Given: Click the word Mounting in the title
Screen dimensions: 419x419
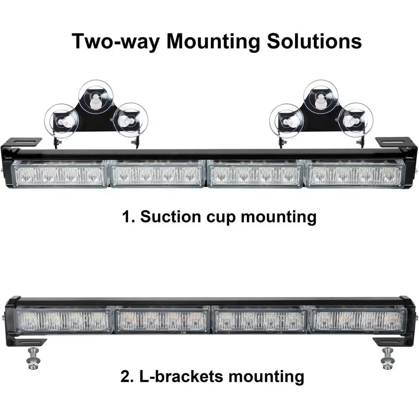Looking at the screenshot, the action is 214,42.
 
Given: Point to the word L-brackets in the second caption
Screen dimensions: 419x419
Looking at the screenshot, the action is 178,377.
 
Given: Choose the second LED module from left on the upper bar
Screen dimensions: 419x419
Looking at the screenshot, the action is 158,173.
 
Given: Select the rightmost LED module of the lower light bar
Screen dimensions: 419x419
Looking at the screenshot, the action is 357,319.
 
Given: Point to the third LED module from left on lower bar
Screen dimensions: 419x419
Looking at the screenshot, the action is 260,319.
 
